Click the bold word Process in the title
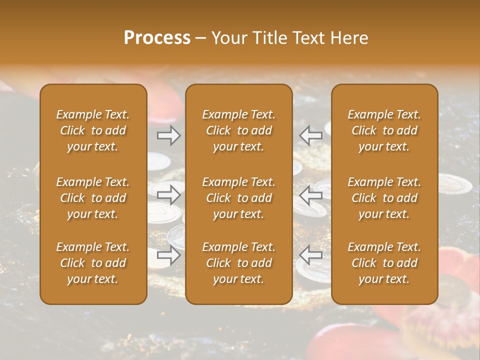pos(157,37)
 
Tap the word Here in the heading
pos(349,37)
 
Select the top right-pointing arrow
pos(169,135)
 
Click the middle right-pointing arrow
pos(169,194)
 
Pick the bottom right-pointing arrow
pos(169,255)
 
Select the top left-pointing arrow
pos(311,135)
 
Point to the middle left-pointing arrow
pos(311,194)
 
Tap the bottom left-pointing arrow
pos(311,255)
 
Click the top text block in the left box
pos(93,130)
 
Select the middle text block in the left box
pos(93,198)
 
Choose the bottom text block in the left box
pos(93,263)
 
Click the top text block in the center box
pos(239,130)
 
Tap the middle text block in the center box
pos(239,198)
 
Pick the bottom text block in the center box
pos(239,263)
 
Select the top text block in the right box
pos(384,130)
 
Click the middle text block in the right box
pos(384,198)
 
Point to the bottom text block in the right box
pos(384,263)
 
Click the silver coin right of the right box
pos(454,184)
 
